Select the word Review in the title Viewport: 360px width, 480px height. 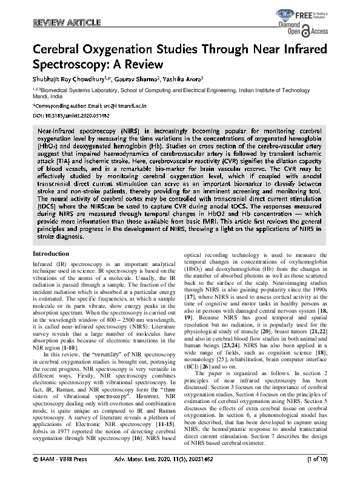148,65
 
